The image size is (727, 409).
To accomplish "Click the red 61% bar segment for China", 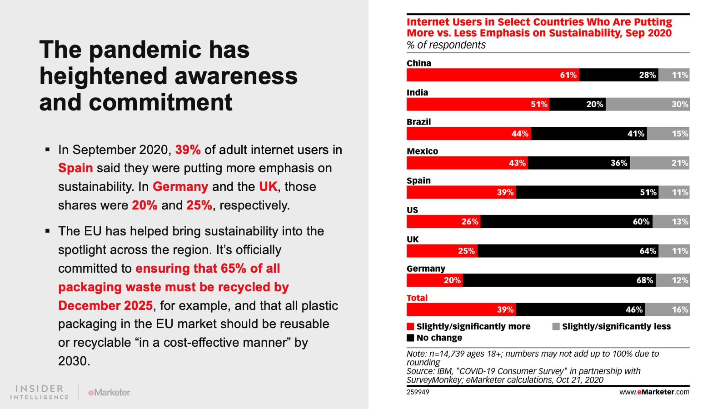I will [x=493, y=75].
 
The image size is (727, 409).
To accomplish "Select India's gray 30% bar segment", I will [x=647, y=105].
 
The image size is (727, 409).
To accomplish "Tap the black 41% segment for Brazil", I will [x=589, y=134].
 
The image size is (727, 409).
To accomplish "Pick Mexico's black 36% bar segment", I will [x=579, y=163].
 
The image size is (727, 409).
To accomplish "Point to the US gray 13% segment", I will [x=671, y=222].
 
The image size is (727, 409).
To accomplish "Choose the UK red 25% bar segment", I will [x=442, y=251].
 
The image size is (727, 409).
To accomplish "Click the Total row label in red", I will [x=417, y=298].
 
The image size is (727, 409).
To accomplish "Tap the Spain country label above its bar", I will [x=418, y=180].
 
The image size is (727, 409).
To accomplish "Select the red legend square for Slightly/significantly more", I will [x=410, y=326].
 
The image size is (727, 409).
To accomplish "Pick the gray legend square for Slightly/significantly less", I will [x=556, y=326].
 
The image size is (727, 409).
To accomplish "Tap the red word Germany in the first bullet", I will [x=180, y=187].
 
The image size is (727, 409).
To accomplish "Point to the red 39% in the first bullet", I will [x=188, y=150].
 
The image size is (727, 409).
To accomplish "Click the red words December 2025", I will [x=105, y=306].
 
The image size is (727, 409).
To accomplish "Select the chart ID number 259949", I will [x=418, y=392].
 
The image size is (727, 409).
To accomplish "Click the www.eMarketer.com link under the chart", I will [x=654, y=392].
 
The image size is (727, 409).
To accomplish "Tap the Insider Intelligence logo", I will [x=40, y=392].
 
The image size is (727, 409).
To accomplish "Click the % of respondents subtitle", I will [x=446, y=45].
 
